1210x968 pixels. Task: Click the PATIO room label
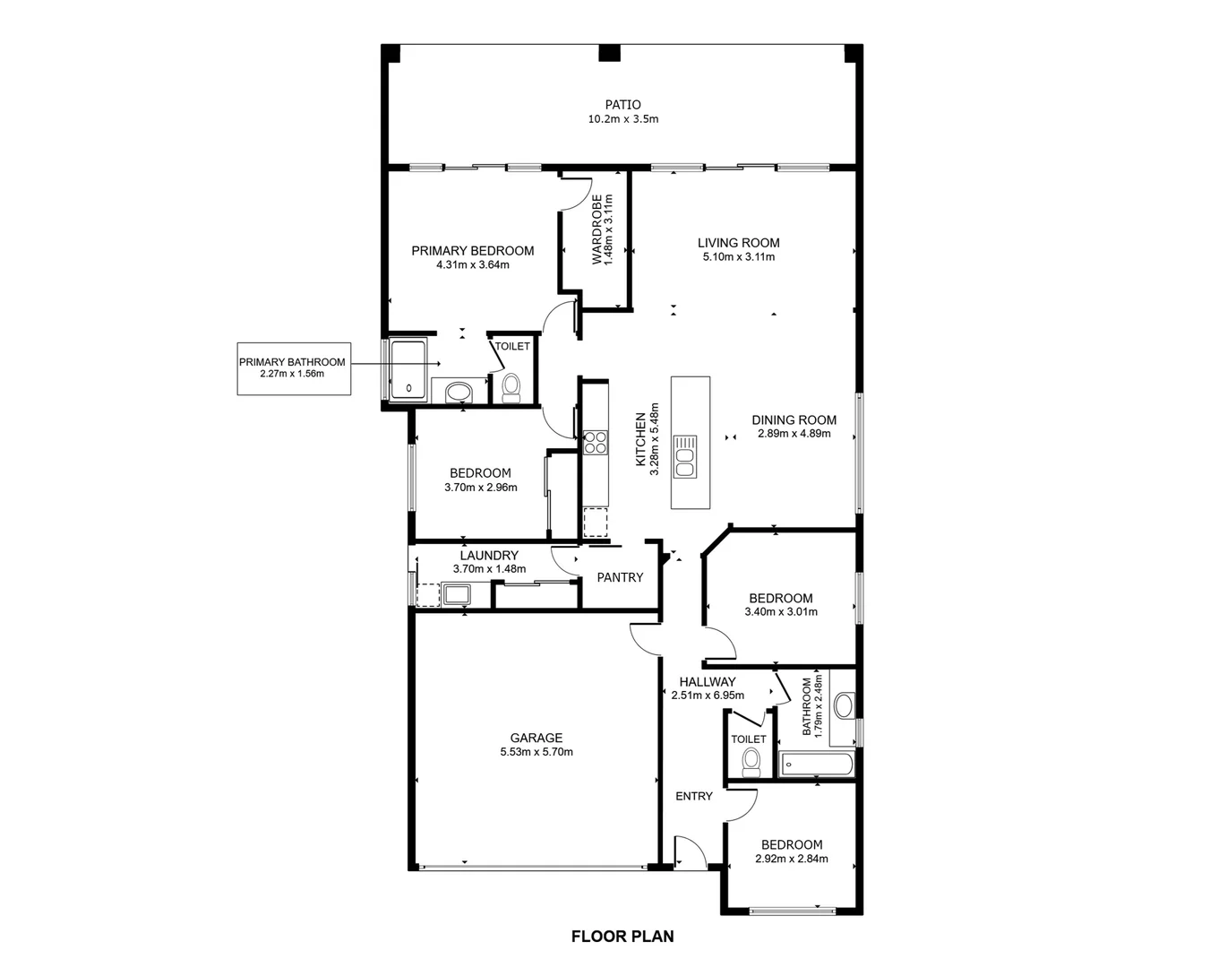tap(622, 105)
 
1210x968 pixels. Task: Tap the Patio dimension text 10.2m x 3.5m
tap(622, 119)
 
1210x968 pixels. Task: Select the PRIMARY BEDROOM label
tap(472, 251)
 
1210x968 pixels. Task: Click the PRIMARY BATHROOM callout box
tap(292, 367)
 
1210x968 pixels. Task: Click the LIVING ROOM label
tap(738, 243)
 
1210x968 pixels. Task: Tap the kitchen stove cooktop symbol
tap(595, 442)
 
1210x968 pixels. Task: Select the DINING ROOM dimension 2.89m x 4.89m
tap(794, 434)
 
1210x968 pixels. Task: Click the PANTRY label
tap(620, 578)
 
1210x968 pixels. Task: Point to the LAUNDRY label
tap(489, 556)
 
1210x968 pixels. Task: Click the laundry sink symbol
tap(457, 594)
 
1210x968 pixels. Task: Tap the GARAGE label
tap(536, 738)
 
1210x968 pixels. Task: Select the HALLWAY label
tap(707, 682)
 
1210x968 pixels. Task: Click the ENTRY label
tap(693, 796)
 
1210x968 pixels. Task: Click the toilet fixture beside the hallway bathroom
tap(751, 763)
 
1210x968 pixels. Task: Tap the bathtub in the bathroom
tap(816, 765)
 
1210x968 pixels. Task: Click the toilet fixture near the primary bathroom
tap(511, 387)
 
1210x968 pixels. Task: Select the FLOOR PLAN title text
tap(622, 937)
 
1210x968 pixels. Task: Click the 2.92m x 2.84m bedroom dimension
tap(791, 859)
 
